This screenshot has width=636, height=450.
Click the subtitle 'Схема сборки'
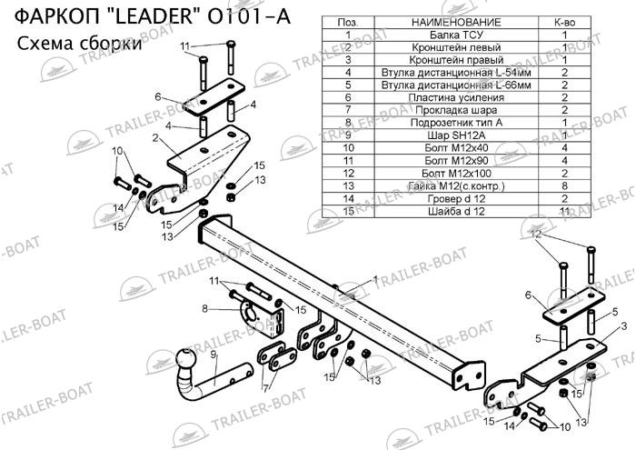coord(80,43)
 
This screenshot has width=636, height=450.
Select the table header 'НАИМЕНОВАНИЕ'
coord(456,23)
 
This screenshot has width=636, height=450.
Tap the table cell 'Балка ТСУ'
coord(456,35)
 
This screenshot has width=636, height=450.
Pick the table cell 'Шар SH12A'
coord(456,135)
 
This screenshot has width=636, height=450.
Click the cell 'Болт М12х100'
coord(456,174)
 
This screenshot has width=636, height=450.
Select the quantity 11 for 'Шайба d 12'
coord(564,211)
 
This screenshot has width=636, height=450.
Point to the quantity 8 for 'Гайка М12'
coord(564,185)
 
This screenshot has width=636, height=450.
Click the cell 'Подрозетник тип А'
coord(456,123)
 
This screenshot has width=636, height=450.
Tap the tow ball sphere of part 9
coord(186,359)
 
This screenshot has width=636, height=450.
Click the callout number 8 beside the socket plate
coord(204,309)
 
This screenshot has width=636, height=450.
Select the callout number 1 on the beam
coord(375,279)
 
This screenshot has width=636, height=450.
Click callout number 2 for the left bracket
coord(155,138)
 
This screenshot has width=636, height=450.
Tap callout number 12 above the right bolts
coord(536,234)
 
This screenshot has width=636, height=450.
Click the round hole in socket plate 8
coord(248,313)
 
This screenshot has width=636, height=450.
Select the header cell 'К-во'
coord(564,23)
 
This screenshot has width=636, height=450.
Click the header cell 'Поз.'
coord(348,23)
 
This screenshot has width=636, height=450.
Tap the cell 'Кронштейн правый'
coord(456,60)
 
